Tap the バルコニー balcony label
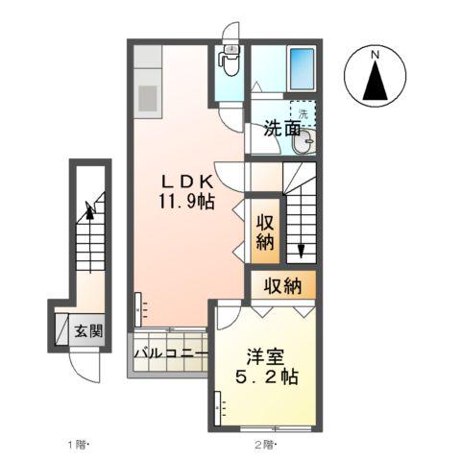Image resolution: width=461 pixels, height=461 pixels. (170, 354)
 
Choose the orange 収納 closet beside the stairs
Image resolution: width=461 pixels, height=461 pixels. (265, 230)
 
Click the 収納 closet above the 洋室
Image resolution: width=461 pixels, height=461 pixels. (284, 285)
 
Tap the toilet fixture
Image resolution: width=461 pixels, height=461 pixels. (230, 61)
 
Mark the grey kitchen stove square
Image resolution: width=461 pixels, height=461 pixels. (149, 98)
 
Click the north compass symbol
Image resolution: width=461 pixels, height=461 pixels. (376, 76)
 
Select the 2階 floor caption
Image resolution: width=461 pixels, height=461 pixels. (264, 444)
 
